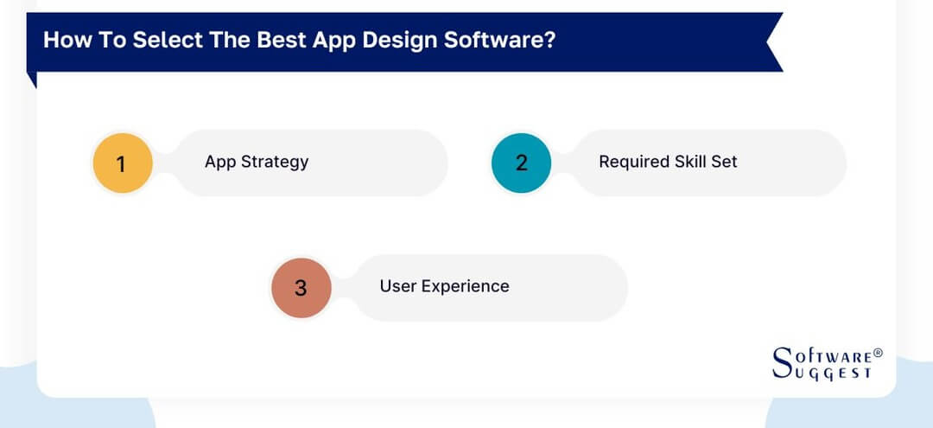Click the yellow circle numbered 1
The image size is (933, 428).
pos(122,163)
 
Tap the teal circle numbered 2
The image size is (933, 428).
pos(521,163)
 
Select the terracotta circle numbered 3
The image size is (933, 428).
pos(301,287)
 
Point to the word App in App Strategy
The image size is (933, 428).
pos(219,162)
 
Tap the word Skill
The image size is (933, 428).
pos(692,162)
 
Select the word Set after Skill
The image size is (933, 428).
pos(725,162)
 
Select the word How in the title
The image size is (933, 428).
pos(63,41)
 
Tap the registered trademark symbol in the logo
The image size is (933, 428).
pos(878,354)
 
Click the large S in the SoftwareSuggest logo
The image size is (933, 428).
pos(782,362)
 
